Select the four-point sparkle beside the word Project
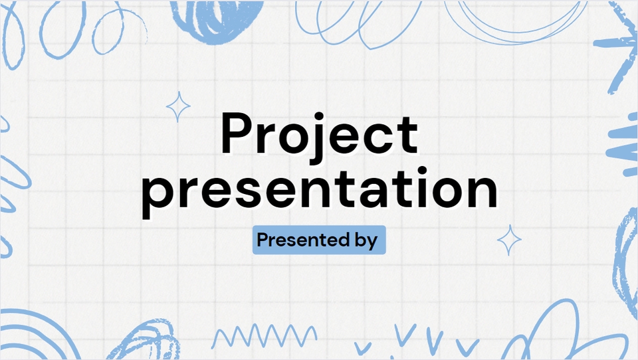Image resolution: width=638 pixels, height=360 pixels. (x=177, y=107)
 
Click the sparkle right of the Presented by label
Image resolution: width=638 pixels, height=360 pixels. (x=510, y=240)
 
